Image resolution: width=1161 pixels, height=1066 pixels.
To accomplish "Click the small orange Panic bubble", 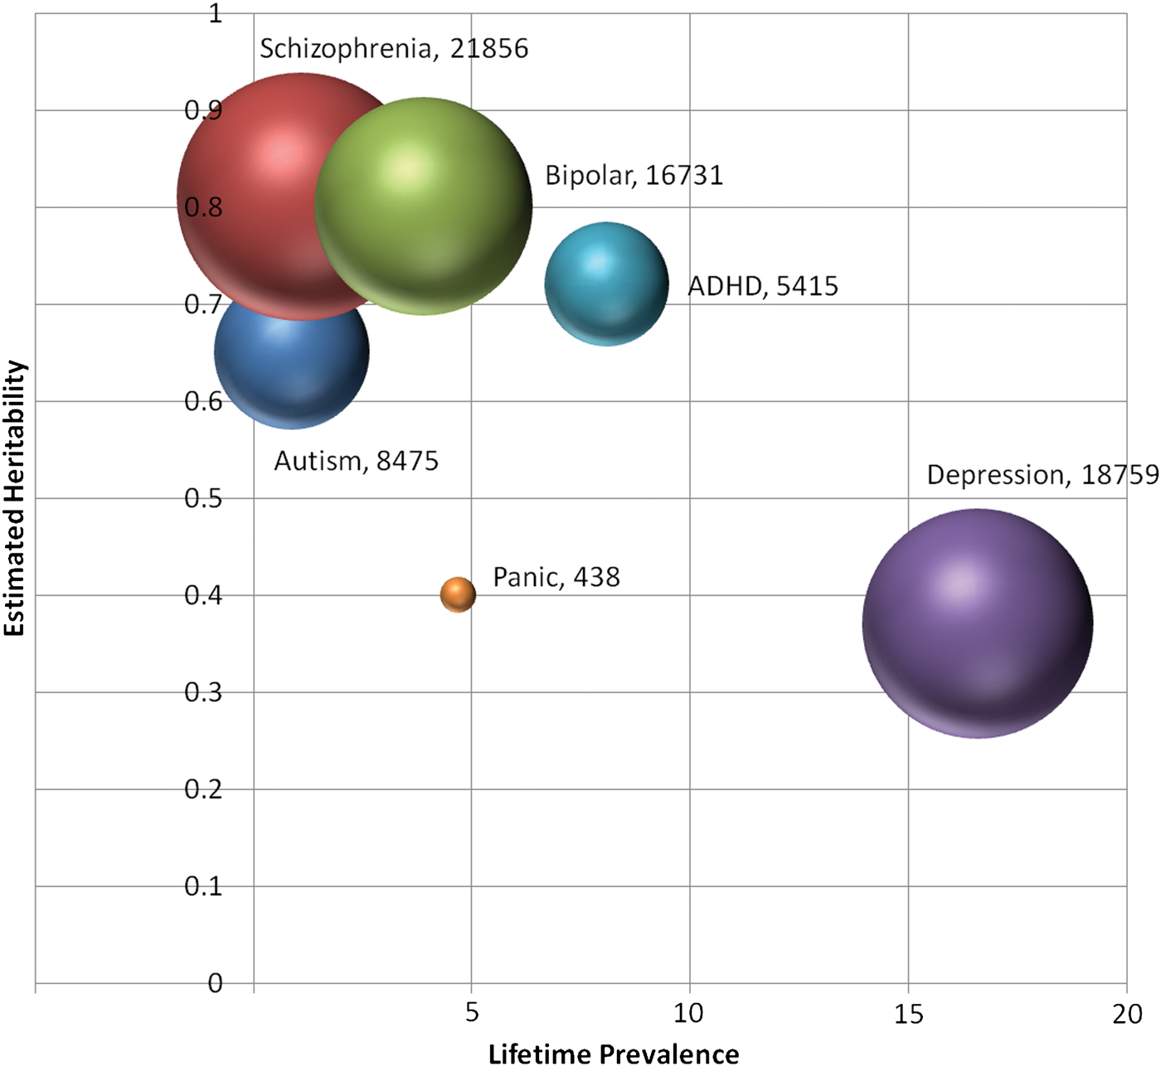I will click(458, 594).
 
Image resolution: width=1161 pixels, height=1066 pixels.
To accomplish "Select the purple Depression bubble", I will click(978, 623).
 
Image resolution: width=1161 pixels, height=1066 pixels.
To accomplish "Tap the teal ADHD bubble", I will click(606, 283).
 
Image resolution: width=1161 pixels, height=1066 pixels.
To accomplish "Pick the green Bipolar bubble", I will click(424, 206).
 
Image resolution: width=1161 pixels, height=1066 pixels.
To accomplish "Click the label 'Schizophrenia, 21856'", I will click(394, 49).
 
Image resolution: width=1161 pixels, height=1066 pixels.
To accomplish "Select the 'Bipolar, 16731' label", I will click(634, 176).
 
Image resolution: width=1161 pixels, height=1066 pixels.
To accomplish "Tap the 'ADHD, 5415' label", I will click(763, 286).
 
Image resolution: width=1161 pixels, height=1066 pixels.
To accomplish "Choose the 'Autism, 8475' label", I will click(356, 461).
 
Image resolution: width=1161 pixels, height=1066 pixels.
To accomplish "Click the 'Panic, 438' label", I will click(556, 577).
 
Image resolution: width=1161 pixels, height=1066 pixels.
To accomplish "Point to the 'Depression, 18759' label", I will click(1042, 475).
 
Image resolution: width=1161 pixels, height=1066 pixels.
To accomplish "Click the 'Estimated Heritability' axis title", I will click(15, 498).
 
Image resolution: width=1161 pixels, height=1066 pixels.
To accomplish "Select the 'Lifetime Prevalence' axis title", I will click(614, 1054).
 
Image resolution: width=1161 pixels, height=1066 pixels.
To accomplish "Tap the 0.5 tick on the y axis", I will click(203, 498).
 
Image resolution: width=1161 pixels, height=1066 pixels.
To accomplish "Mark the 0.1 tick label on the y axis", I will click(203, 886).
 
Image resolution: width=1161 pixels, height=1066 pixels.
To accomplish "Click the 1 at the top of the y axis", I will click(216, 14).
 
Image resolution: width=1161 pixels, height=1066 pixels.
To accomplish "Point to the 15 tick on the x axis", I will click(909, 1013).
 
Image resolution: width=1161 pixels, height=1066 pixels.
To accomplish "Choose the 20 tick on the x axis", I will click(1127, 1013).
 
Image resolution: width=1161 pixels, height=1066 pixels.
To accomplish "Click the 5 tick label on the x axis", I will click(472, 1013).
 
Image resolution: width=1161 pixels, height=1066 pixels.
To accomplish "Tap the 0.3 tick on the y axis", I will click(203, 692).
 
